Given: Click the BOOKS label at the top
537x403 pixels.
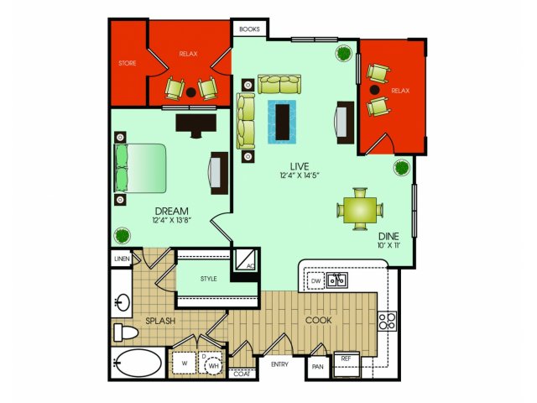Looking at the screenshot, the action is click(x=249, y=29).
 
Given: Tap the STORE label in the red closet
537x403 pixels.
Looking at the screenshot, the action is click(x=128, y=63).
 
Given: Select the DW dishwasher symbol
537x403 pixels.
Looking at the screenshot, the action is click(x=315, y=281).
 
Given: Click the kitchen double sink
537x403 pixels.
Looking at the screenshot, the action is click(x=337, y=280).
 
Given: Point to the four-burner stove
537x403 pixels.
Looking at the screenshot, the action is click(x=388, y=321).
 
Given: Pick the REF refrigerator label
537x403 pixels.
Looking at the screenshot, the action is click(x=346, y=359).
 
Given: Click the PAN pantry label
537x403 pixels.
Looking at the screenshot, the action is click(x=318, y=367).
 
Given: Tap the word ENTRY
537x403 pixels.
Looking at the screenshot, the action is click(x=279, y=364).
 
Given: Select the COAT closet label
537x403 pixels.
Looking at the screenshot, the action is click(x=242, y=374).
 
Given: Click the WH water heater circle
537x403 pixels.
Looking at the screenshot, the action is click(x=213, y=366).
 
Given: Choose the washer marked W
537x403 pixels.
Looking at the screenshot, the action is click(x=185, y=364).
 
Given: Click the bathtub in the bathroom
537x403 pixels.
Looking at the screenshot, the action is click(x=138, y=364).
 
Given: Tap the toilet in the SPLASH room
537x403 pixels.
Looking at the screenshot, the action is click(x=125, y=332).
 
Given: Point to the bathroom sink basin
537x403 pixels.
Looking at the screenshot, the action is click(x=123, y=302).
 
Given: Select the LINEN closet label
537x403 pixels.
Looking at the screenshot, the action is click(x=122, y=259).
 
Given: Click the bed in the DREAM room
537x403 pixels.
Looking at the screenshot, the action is click(x=140, y=168).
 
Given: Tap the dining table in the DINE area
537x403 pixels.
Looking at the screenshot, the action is click(x=360, y=209).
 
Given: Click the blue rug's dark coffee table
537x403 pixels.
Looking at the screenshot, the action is click(x=283, y=122).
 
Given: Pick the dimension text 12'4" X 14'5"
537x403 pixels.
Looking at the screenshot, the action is click(x=300, y=175).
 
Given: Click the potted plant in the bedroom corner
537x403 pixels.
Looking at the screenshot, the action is click(x=123, y=236).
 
